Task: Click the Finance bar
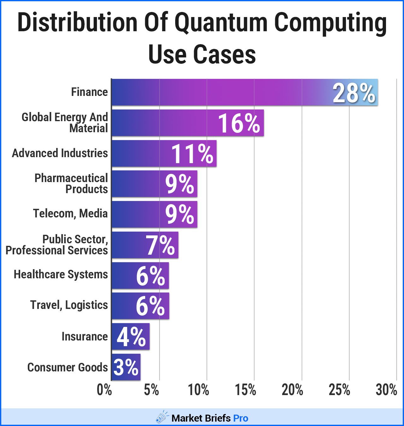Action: click(x=221, y=92)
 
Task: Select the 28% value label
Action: click(x=354, y=93)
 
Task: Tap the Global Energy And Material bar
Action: click(x=164, y=123)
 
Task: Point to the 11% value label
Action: click(x=192, y=154)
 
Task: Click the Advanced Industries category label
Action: click(x=60, y=153)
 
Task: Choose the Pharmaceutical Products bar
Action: click(x=139, y=184)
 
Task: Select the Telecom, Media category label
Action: click(x=70, y=214)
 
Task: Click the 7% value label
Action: click(x=160, y=245)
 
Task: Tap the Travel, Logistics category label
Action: click(x=69, y=305)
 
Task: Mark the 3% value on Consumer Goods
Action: click(x=126, y=367)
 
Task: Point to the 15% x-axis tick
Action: click(x=246, y=390)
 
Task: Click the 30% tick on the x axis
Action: click(x=386, y=390)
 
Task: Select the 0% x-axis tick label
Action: click(x=104, y=390)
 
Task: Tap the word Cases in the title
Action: click(x=224, y=54)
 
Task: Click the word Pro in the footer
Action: click(x=241, y=418)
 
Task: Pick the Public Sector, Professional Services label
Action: click(x=57, y=245)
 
